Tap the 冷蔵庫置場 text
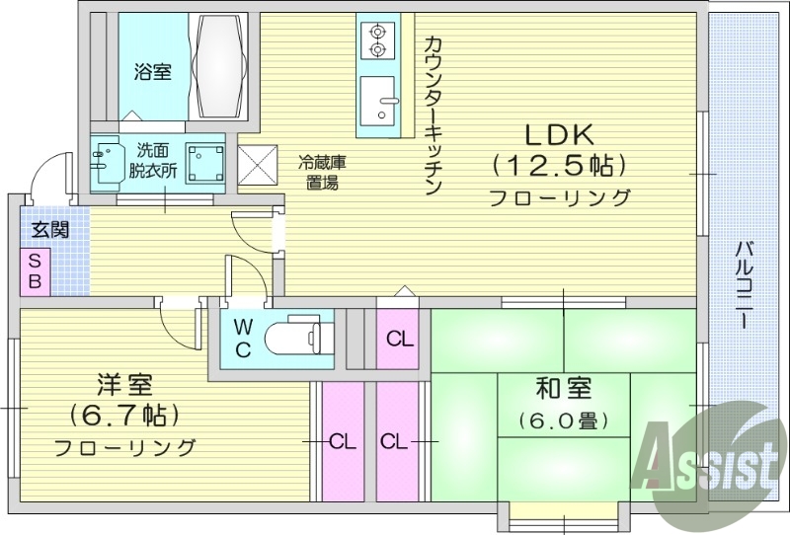click(323, 173)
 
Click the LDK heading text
click(558, 134)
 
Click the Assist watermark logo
click(706, 460)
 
